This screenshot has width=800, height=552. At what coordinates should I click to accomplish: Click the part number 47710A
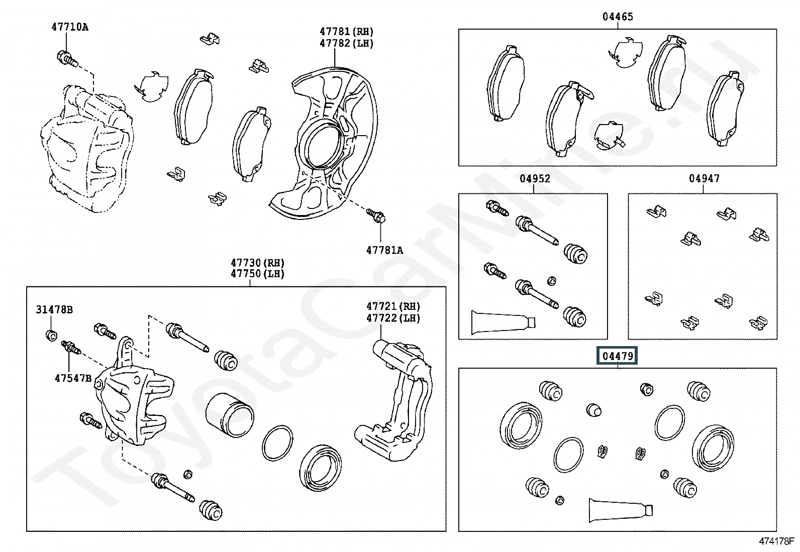70,27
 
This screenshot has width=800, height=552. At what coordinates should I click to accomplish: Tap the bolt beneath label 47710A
67,59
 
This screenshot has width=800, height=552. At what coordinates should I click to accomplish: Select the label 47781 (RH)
346,32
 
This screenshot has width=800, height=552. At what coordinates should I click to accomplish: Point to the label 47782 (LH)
346,43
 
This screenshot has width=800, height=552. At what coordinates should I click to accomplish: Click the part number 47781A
384,250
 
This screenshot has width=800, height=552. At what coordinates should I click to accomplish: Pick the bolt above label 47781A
376,215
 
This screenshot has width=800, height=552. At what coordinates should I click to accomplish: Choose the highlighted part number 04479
618,356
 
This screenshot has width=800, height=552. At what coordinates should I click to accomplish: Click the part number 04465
618,17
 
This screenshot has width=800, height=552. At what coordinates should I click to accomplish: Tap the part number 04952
535,178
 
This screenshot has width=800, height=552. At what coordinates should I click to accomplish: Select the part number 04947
705,178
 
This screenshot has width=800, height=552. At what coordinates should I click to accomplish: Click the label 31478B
54,309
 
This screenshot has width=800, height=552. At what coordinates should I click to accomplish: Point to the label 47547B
73,378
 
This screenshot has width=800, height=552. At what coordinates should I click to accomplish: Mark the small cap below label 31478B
52,336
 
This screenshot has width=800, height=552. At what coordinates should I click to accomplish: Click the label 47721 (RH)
393,306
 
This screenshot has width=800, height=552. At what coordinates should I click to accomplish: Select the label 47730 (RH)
257,263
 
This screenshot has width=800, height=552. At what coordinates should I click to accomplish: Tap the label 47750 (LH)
257,274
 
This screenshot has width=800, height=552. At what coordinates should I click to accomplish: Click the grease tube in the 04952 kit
504,322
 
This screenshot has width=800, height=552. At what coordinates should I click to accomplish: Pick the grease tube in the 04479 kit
621,510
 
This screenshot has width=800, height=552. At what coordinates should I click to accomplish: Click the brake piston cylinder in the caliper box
230,415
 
